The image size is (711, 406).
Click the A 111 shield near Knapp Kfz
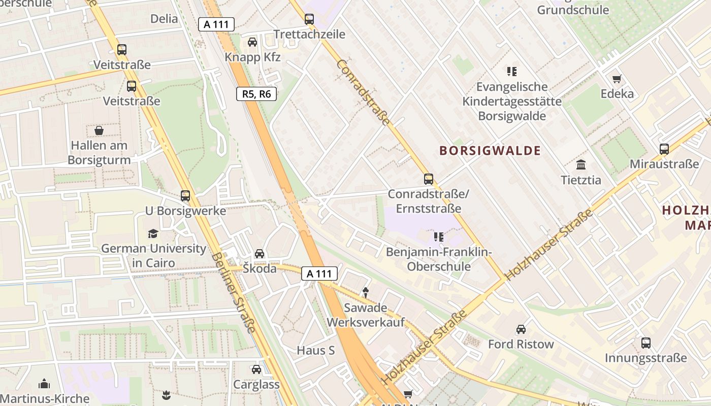point(216,24)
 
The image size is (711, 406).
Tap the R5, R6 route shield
point(256,94)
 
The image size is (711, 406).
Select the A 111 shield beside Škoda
point(319,274)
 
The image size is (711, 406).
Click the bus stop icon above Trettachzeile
point(309,19)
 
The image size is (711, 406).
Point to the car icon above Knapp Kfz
point(252,42)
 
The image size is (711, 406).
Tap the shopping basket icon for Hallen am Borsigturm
point(99,131)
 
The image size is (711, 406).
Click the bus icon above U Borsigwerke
point(185,195)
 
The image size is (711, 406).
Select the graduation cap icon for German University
point(153,233)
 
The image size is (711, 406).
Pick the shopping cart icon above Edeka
point(617,79)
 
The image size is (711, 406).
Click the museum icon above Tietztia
point(581,165)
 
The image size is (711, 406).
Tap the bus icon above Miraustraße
point(664,149)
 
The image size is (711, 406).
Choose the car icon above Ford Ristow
point(521,329)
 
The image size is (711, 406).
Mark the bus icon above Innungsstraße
point(645,343)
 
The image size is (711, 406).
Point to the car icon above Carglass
point(256,369)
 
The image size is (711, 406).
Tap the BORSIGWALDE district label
point(490,151)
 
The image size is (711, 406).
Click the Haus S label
point(316,350)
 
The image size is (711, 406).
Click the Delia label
point(164,19)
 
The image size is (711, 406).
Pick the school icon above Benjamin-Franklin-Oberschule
point(439,237)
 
